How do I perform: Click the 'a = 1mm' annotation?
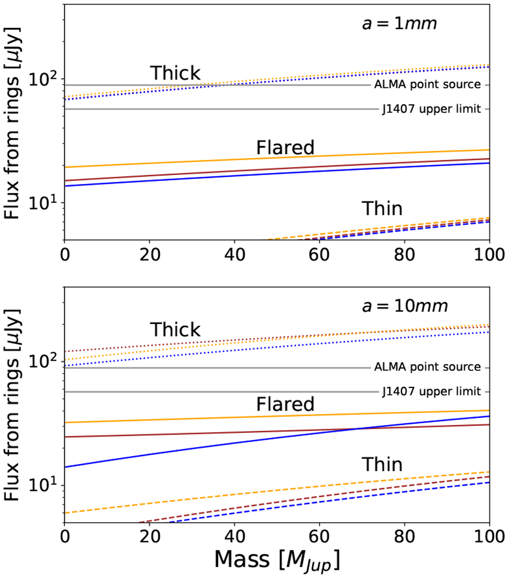(399, 24)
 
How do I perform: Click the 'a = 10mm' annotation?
(405, 306)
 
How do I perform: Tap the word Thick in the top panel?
(175, 73)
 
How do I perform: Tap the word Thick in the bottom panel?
(175, 330)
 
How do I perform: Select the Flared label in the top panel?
(285, 148)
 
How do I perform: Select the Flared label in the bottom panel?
(285, 405)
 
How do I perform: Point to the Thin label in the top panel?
(382, 209)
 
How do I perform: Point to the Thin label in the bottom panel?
(382, 465)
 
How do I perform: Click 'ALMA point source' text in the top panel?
(427, 85)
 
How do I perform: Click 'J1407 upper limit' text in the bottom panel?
(431, 392)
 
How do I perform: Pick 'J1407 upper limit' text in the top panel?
(431, 109)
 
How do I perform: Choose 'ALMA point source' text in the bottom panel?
(427, 367)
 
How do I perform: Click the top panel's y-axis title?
(13, 123)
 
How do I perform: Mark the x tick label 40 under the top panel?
(234, 255)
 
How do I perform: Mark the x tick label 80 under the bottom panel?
(404, 537)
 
